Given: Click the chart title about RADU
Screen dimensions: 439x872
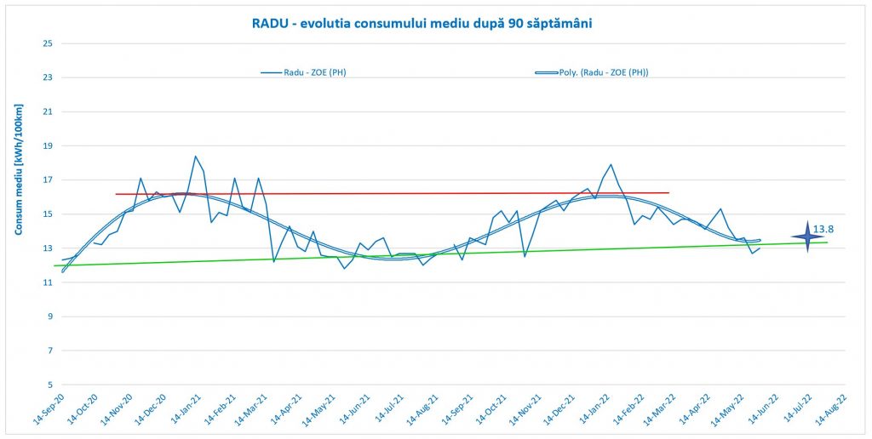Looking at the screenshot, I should [x=422, y=23].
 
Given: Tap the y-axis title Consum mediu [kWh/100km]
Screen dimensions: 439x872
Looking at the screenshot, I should [x=19, y=169].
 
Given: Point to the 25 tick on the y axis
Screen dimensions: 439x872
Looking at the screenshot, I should [x=48, y=43].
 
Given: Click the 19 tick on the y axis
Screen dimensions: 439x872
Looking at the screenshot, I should [x=48, y=145].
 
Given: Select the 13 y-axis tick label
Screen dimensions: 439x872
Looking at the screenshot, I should [x=48, y=248].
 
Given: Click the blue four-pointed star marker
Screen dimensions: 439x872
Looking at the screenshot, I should [x=806, y=236].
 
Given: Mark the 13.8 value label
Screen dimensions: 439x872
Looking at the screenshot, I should [x=823, y=230].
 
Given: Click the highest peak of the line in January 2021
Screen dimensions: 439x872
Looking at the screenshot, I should [x=195, y=156].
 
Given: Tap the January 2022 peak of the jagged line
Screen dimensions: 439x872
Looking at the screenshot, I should [x=611, y=164].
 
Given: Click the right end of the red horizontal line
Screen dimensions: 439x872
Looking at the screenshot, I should [x=668, y=192].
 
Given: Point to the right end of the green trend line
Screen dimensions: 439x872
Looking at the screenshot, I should [x=827, y=242].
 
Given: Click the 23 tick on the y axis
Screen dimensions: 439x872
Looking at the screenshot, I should [x=48, y=77].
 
